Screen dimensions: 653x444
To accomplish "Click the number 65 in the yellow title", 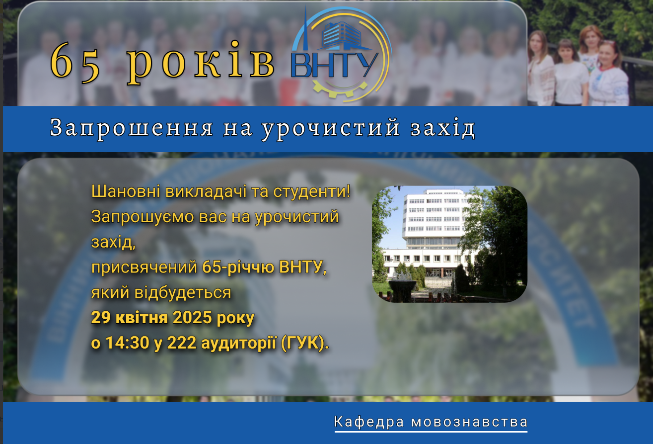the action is click(x=75, y=62).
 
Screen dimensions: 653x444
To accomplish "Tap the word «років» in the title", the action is click(x=201, y=63).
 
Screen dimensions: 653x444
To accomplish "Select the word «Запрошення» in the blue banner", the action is click(x=132, y=128).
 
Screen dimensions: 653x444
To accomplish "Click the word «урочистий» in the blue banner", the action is click(x=330, y=129).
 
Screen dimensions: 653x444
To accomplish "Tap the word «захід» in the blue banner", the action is click(x=443, y=128).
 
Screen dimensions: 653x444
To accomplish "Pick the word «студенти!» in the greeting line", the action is click(x=312, y=191).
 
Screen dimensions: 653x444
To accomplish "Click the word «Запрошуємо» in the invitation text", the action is click(x=143, y=217).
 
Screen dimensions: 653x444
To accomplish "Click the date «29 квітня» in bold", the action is click(x=130, y=317).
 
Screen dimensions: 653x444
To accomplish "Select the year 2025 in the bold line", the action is click(x=192, y=317).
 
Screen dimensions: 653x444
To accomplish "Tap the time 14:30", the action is click(x=128, y=343).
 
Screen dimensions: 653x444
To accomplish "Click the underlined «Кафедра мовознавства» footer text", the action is click(x=431, y=422).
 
